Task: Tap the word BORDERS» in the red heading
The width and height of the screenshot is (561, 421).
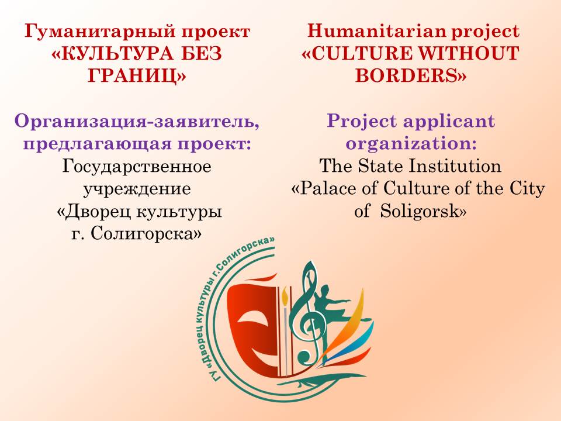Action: [x=411, y=75]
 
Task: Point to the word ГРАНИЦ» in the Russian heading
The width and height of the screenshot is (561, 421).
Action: [x=137, y=76]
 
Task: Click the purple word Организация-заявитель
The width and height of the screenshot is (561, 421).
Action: [x=137, y=122]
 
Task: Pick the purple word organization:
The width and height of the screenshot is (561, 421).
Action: [x=411, y=144]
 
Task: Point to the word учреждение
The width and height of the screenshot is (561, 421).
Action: [x=137, y=189]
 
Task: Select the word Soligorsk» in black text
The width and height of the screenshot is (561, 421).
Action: [x=423, y=211]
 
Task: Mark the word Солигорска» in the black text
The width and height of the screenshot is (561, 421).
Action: [x=146, y=234]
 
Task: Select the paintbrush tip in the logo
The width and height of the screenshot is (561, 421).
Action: [x=285, y=296]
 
